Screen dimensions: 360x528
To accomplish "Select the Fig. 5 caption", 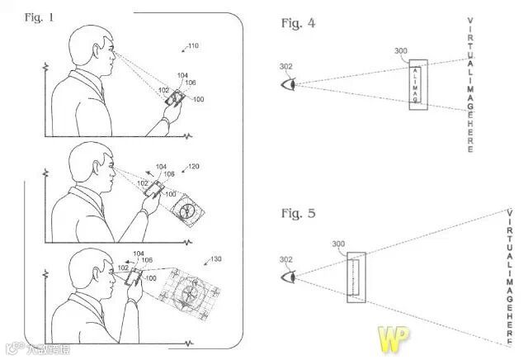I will pyautogui.click(x=298, y=214).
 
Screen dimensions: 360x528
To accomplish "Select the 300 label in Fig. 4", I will pyautogui.click(x=401, y=52).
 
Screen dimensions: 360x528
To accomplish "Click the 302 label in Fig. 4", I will pyautogui.click(x=285, y=66).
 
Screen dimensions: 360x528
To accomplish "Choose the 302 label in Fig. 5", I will pyautogui.click(x=285, y=259).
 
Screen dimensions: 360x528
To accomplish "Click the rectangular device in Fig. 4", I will pyautogui.click(x=417, y=84).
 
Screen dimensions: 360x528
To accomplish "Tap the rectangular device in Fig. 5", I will pyautogui.click(x=356, y=277).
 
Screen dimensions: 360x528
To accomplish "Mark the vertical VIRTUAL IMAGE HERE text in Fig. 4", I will pyautogui.click(x=470, y=83).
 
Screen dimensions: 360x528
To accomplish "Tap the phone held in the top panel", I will pyautogui.click(x=175, y=98).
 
